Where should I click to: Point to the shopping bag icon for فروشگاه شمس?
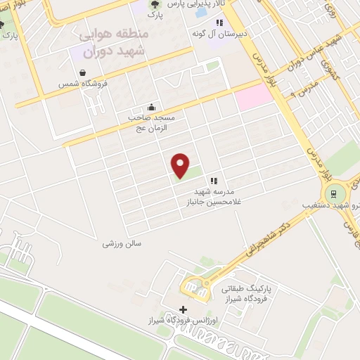83,72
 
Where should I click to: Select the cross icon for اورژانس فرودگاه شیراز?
184,309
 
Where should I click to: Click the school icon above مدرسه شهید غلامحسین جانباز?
214,181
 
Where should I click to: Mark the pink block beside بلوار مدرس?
253,96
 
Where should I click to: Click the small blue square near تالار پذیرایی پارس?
201,12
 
